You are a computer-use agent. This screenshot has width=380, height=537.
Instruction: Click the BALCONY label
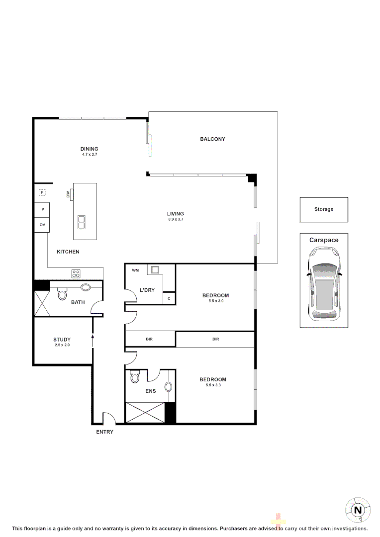click(212, 139)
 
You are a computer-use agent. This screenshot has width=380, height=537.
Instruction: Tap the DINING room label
click(90, 149)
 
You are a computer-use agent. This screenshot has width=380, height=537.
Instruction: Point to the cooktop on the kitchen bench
click(76, 273)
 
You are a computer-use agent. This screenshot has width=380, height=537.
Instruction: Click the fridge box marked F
click(42, 192)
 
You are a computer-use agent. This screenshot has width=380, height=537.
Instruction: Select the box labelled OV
click(42, 225)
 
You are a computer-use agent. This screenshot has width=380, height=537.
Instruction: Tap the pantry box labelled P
click(42, 210)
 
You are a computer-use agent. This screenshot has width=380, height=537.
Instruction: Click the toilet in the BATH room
click(62, 294)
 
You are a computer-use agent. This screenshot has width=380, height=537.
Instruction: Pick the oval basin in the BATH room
click(86, 287)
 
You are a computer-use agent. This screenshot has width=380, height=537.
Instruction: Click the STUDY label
click(62, 340)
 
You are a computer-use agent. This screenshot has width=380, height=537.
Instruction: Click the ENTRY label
click(104, 432)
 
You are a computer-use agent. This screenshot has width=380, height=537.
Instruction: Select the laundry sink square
click(156, 270)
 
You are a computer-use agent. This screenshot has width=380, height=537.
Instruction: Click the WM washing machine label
click(135, 270)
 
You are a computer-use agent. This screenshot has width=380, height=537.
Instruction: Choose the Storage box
click(324, 209)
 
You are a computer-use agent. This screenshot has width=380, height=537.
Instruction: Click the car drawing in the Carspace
click(324, 284)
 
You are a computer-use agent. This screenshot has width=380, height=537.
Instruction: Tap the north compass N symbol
click(357, 510)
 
